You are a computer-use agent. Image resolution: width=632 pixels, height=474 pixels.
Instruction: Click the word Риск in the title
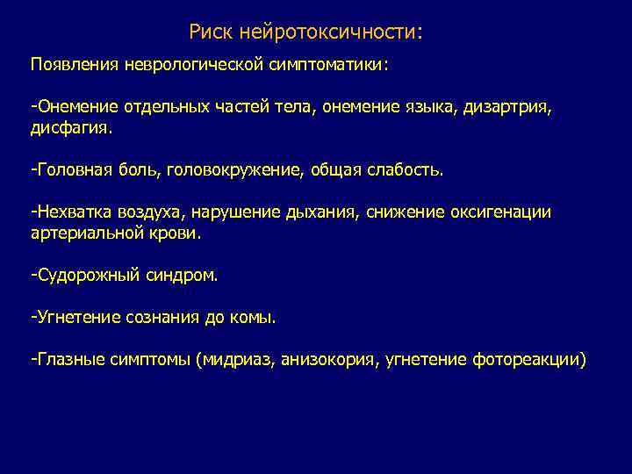coord(211,33)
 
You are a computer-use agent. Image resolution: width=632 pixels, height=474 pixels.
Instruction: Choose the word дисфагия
coord(72,128)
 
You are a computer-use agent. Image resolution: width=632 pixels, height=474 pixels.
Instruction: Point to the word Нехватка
coord(71,212)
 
